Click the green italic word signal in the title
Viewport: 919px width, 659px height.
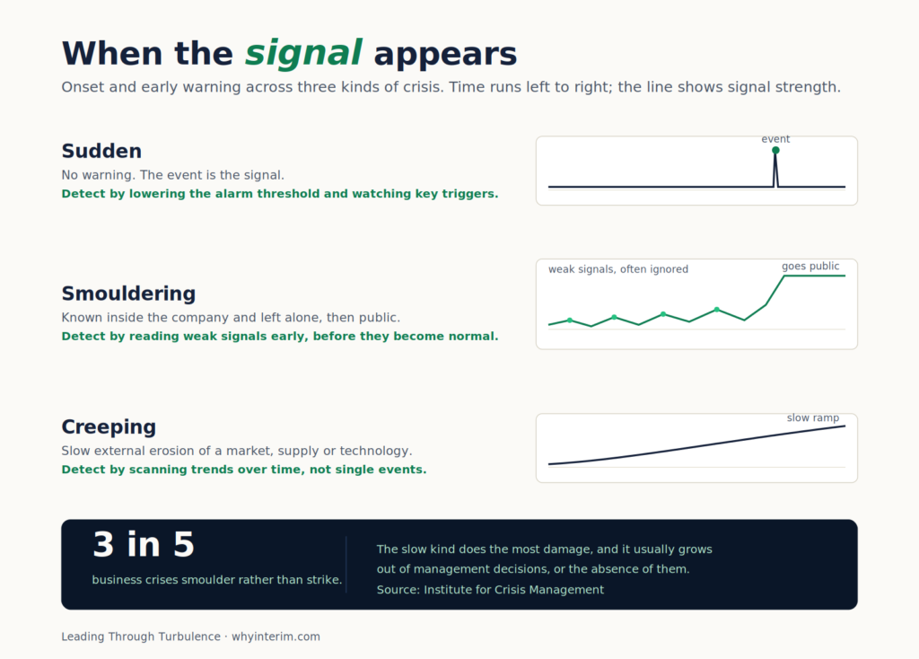click(x=303, y=55)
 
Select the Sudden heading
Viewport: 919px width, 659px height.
click(x=101, y=151)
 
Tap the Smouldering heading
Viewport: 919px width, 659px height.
click(x=128, y=294)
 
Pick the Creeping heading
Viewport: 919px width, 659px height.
click(x=109, y=427)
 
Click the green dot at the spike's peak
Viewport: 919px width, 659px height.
click(x=775, y=150)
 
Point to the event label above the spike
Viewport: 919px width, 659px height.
click(x=775, y=139)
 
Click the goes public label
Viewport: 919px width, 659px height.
click(x=810, y=266)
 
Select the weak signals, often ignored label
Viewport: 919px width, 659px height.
click(x=618, y=269)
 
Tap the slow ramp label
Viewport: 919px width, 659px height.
click(x=812, y=418)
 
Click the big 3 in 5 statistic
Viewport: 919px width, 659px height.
click(x=144, y=544)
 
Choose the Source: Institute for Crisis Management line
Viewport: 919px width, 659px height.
click(x=490, y=590)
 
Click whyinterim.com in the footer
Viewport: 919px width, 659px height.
click(x=276, y=637)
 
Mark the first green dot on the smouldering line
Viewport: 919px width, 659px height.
click(x=570, y=321)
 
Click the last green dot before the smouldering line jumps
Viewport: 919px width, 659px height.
click(x=717, y=310)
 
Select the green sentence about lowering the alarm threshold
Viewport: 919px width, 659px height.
click(x=280, y=194)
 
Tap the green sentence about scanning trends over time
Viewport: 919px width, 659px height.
click(x=244, y=470)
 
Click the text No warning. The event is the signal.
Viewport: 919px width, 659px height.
click(x=173, y=175)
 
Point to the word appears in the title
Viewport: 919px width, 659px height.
click(x=445, y=55)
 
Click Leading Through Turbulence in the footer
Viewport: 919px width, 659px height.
click(x=141, y=637)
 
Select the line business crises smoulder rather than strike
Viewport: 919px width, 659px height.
click(x=217, y=580)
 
